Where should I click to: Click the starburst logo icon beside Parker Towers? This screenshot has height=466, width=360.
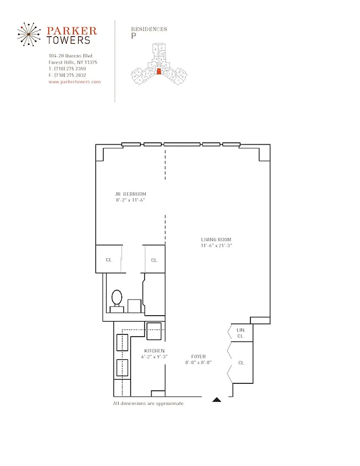tap(28, 34)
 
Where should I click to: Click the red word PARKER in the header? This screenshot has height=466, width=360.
tap(72, 30)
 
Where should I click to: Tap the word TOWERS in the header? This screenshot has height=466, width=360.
tap(69, 40)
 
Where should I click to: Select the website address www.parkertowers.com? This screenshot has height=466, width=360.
tap(75, 82)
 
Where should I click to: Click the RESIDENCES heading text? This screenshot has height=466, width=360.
tap(149, 29)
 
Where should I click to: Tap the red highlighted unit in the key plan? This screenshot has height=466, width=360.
tap(158, 72)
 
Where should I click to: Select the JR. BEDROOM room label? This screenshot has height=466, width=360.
tap(130, 194)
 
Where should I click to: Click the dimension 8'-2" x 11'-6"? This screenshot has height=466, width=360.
tap(130, 200)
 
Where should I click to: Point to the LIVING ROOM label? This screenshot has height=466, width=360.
tap(217, 240)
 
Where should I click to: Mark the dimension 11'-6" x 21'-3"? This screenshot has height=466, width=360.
tap(217, 246)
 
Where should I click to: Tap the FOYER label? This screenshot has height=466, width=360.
tap(199, 356)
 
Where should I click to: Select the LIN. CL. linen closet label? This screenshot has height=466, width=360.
tap(241, 333)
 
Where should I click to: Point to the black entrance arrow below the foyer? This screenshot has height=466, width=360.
tap(217, 400)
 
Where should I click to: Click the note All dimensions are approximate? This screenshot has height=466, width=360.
tap(149, 403)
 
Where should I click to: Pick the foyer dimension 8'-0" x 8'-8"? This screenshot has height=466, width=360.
tap(199, 362)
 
